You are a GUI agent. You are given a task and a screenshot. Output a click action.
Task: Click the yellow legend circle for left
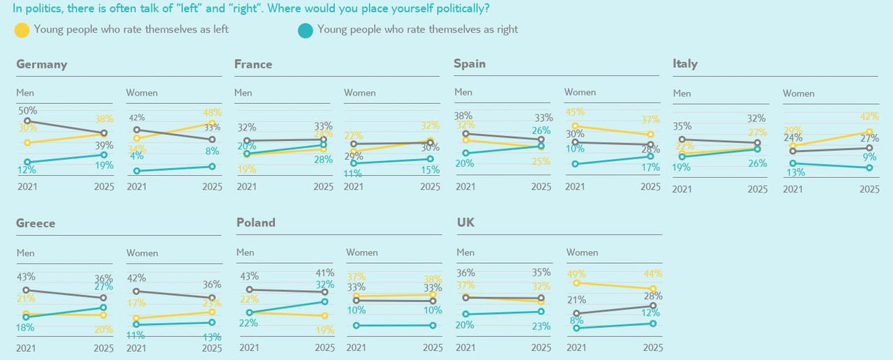(x=22, y=30)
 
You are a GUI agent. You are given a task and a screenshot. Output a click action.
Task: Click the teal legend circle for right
(x=305, y=30)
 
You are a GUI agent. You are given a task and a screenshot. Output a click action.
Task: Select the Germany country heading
(x=42, y=64)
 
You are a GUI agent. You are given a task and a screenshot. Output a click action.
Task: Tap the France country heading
(x=253, y=64)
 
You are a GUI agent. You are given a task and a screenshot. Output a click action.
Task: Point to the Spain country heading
(x=470, y=63)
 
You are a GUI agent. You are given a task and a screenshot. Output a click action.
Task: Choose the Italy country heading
(x=685, y=63)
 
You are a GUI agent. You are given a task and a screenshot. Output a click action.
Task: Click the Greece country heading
(x=36, y=223)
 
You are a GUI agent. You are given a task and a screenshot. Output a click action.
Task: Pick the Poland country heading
(x=256, y=223)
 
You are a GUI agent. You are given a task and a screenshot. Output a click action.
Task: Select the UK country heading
(x=465, y=223)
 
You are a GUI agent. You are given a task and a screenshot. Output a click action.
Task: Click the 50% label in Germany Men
(x=28, y=111)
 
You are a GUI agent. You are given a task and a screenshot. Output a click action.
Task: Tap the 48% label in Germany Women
(x=212, y=112)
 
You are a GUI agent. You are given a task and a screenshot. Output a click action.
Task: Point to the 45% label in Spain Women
(x=575, y=112)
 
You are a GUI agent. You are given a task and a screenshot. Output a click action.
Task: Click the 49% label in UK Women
(x=576, y=273)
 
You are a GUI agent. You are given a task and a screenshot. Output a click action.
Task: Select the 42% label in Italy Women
(x=869, y=117)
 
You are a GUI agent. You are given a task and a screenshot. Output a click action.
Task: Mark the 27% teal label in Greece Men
(x=103, y=287)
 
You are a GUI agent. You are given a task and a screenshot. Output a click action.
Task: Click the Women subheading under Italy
(x=798, y=93)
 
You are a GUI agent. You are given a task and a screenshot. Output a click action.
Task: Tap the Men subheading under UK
(x=465, y=253)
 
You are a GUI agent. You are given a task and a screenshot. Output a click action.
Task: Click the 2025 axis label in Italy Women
(x=869, y=189)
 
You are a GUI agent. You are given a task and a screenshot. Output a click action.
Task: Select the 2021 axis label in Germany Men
(x=27, y=187)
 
